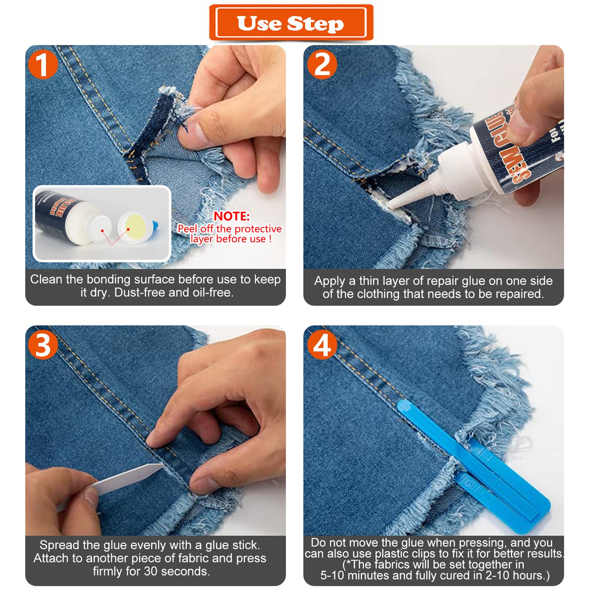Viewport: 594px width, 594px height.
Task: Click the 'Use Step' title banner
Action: pyautogui.click(x=291, y=23)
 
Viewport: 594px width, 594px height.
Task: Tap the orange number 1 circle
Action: pyautogui.click(x=43, y=65)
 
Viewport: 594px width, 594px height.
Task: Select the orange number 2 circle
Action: pyautogui.click(x=322, y=65)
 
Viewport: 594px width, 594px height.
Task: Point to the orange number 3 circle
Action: pyautogui.click(x=43, y=345)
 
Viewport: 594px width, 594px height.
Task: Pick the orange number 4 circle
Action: pyautogui.click(x=322, y=345)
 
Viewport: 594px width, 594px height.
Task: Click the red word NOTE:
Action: pyautogui.click(x=232, y=216)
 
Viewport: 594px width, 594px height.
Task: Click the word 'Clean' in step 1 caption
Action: pyautogui.click(x=46, y=279)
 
